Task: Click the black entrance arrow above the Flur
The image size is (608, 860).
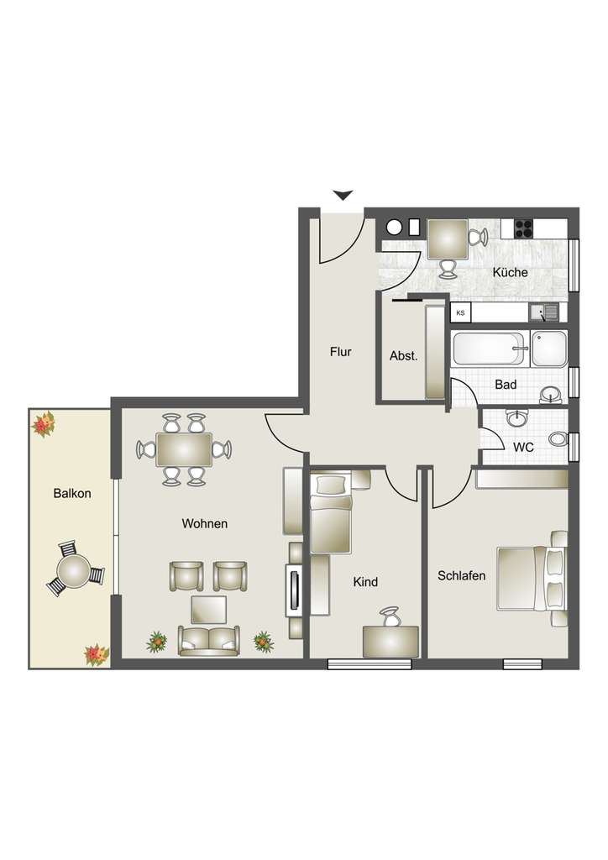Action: [x=342, y=195]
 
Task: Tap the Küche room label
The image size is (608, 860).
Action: [x=510, y=272]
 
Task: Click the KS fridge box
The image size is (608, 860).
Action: [x=460, y=312]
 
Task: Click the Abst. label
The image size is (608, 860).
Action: [x=404, y=355]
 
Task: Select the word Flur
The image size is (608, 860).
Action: [x=340, y=352]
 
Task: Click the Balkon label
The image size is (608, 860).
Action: [x=71, y=494]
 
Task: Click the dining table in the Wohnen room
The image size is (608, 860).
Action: [x=184, y=449]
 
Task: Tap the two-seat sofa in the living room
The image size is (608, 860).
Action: [x=207, y=641]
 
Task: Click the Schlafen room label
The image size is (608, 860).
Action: [x=461, y=576]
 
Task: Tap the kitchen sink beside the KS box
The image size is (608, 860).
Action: [x=543, y=312]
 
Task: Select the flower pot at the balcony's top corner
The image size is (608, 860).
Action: [x=43, y=424]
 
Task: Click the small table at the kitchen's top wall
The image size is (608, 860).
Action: [x=448, y=239]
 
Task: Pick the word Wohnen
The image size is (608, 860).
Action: [x=205, y=523]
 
